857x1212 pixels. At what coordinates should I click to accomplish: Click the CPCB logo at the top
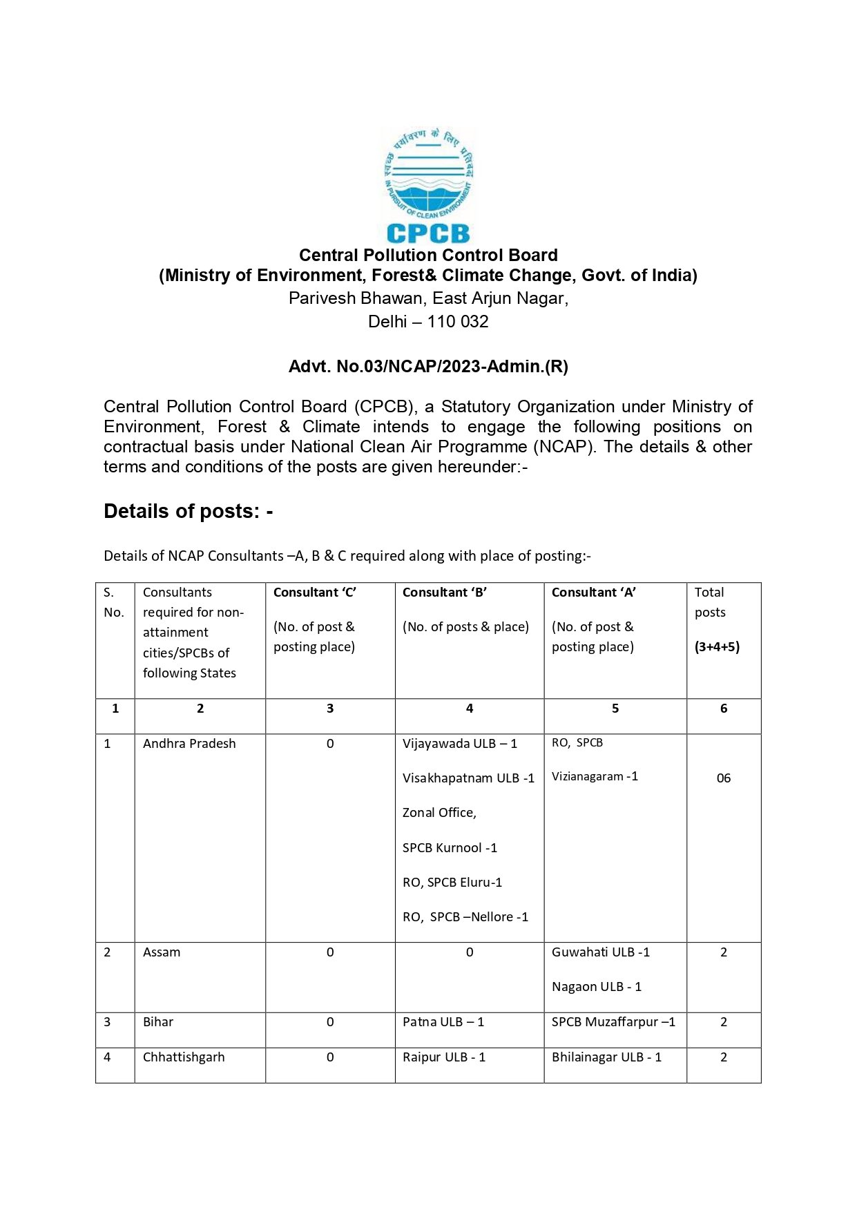pos(428,185)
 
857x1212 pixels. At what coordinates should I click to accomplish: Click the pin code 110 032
pos(457,322)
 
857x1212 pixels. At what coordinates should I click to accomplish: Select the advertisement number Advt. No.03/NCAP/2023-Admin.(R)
pos(428,366)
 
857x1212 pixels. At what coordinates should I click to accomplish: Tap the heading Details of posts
pos(188,511)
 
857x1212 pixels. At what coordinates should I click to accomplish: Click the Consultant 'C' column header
pos(315,593)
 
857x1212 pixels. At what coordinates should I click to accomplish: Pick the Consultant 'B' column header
pos(445,593)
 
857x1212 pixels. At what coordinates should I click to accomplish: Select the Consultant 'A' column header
pos(594,593)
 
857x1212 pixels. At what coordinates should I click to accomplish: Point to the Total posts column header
pos(710,602)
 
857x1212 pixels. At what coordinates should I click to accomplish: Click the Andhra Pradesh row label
pos(189,744)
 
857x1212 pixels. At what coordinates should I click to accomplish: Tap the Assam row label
pos(162,952)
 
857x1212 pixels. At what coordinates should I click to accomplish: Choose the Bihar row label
pos(158,1022)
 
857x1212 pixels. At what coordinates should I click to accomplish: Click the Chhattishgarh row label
pos(184,1057)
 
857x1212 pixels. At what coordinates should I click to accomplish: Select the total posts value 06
pos(723,778)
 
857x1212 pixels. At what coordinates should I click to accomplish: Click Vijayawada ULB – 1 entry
pos(460,744)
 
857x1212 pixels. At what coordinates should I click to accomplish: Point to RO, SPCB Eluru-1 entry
pos(452,883)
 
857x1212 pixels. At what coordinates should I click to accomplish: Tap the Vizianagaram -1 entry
pos(595,777)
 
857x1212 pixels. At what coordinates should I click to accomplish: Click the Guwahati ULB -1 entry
pos(601,952)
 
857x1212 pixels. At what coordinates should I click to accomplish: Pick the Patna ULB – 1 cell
pos(443,1022)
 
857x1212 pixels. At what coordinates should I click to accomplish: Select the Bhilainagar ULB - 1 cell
pos(606,1057)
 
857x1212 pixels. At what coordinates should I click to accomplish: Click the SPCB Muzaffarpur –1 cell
pos(613,1022)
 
